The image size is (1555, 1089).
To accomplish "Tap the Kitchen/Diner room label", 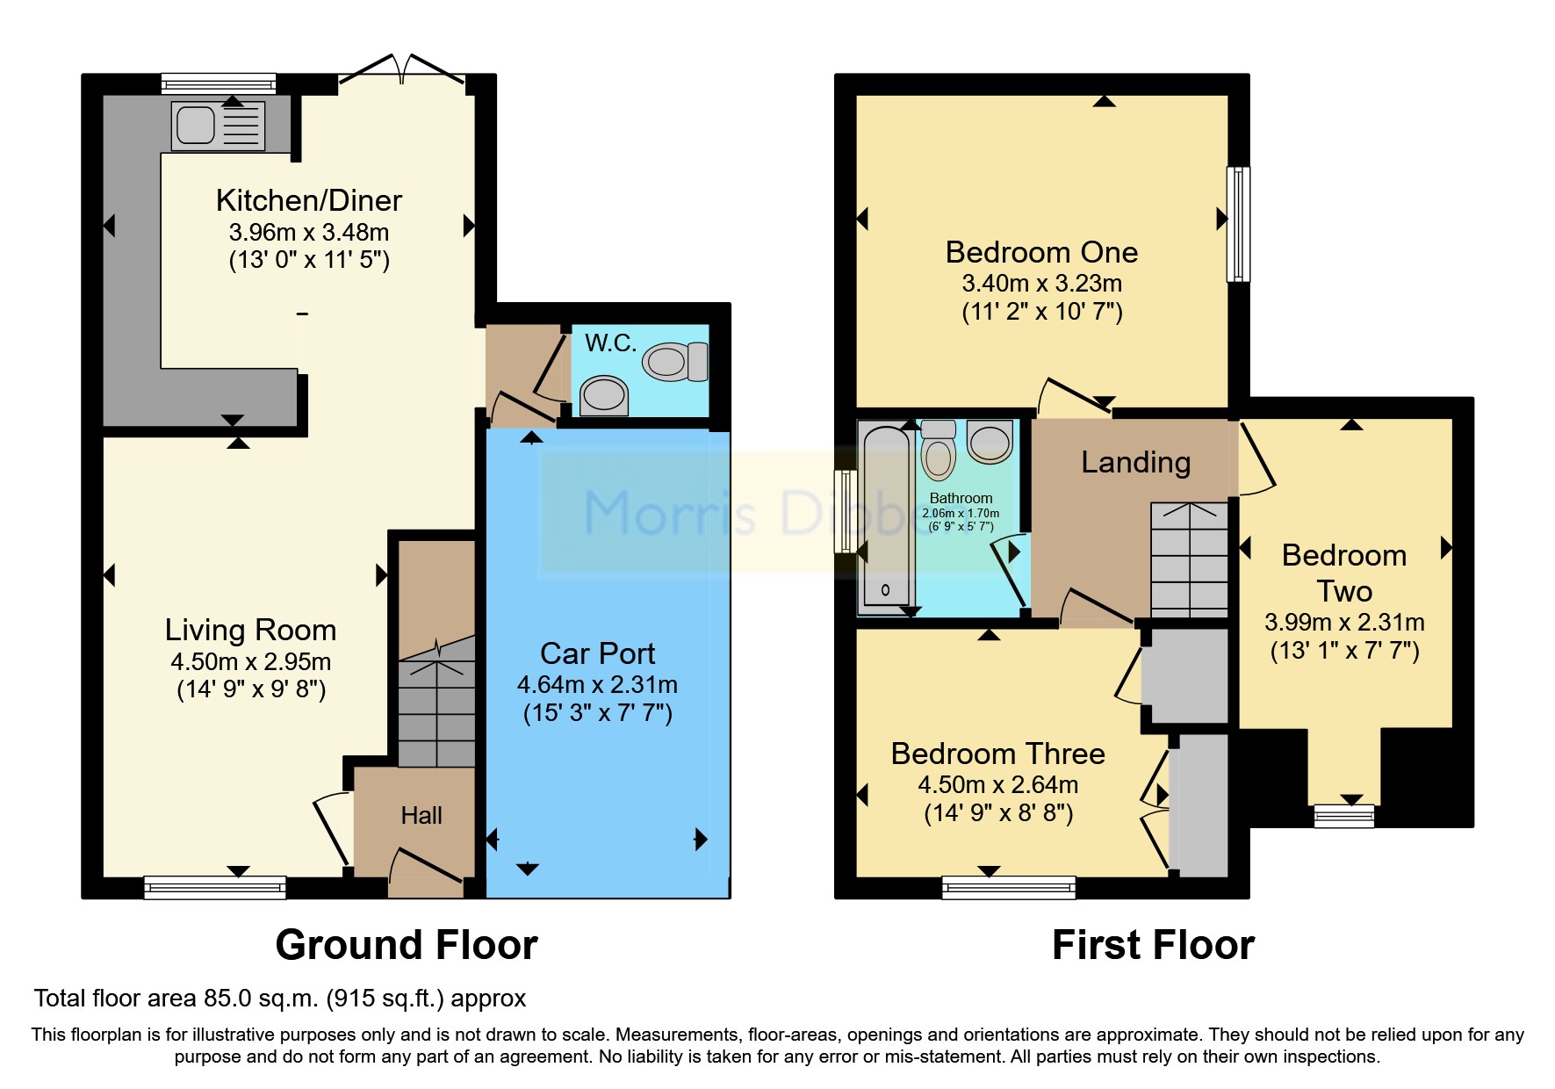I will coord(309,200).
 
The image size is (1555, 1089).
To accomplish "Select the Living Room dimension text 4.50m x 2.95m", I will coord(251,661).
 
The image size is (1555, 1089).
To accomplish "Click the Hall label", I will coord(421,816).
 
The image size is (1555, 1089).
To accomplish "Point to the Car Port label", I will coord(597,653).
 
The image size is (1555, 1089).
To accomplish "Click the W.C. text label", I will coord(610,343).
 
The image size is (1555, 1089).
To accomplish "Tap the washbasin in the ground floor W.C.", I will coord(604,395).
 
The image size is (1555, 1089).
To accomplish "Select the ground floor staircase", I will coord(436,703).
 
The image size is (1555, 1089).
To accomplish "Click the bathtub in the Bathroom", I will coord(885,518).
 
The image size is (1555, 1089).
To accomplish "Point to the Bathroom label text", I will coord(961,498).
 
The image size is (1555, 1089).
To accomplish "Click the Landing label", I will coord(1135,462).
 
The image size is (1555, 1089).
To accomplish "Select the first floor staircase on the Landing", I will coord(1189,559).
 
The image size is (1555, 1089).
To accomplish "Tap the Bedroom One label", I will coord(1041,252).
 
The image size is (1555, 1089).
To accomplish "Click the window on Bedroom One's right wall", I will coord(1238,224).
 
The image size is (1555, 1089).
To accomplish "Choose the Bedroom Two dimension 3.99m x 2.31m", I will coord(1344,623).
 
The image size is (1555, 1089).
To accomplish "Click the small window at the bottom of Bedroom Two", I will coord(1343,817).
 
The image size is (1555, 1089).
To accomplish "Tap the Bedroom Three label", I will coord(997,754).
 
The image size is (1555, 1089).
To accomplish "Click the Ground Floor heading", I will coord(407,945).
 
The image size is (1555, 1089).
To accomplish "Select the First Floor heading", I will coord(1153,945).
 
